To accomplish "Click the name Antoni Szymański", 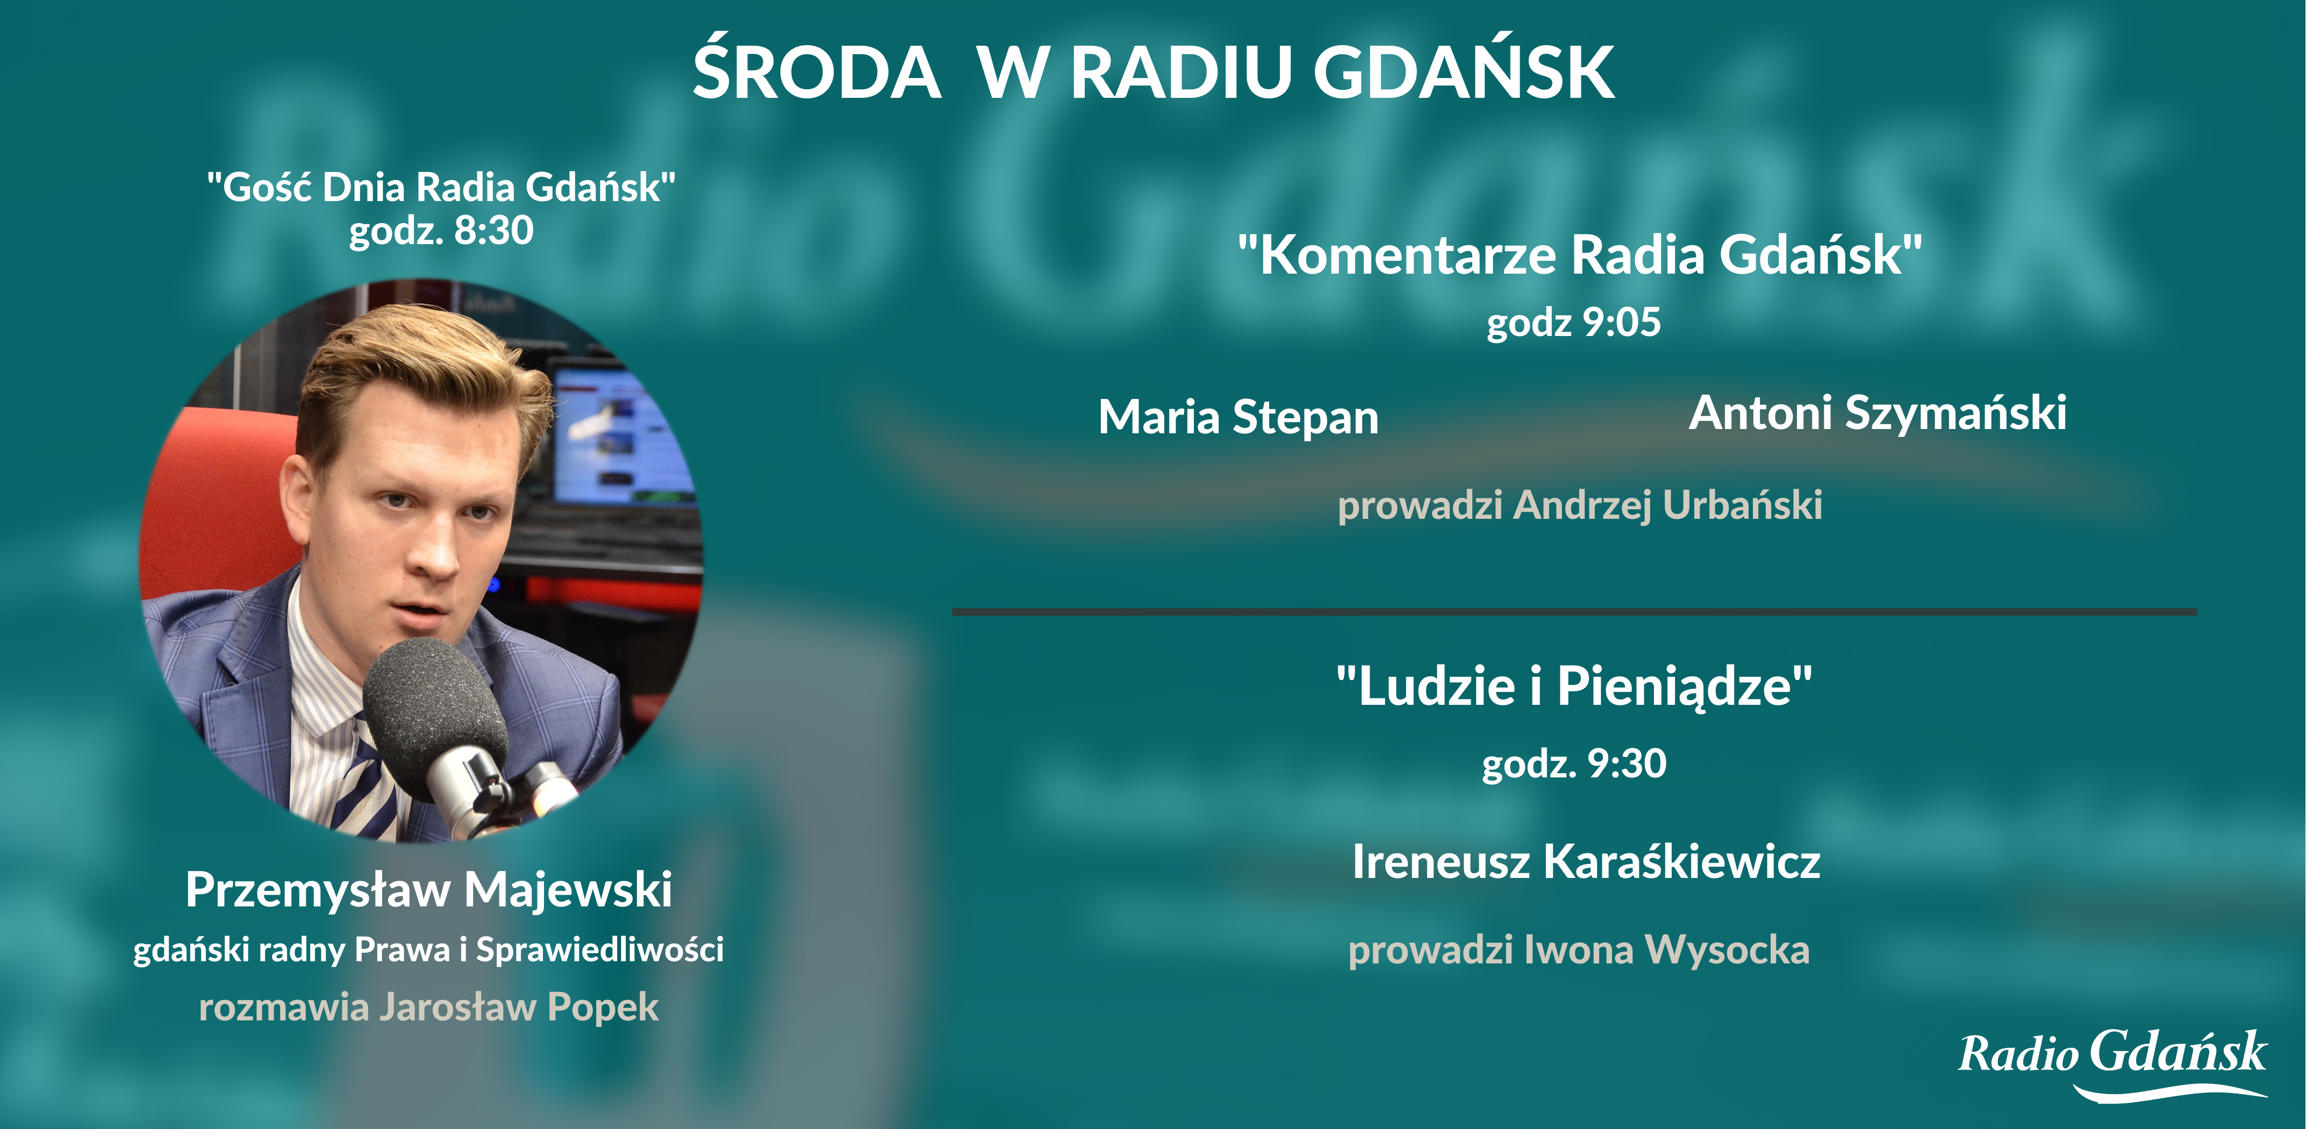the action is [x=1877, y=413].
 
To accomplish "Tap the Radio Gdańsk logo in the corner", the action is [x=2112, y=1063].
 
